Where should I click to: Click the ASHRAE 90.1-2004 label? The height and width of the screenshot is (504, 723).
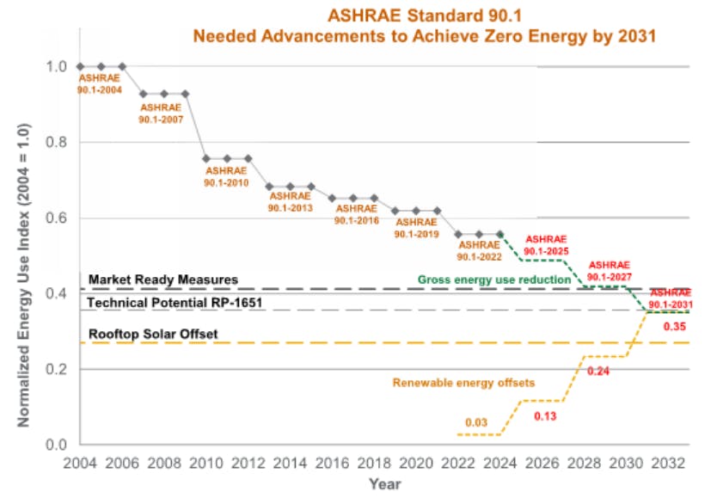click(x=100, y=83)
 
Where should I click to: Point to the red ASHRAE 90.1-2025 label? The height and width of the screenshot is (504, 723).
click(x=546, y=244)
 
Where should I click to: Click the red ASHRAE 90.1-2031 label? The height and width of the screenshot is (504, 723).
click(x=671, y=298)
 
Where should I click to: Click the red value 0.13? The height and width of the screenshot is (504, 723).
click(x=546, y=416)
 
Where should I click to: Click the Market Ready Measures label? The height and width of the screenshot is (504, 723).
click(x=162, y=280)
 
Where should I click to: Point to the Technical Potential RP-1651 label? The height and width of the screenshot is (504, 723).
click(x=175, y=304)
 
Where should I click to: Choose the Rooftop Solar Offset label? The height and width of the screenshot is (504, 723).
click(x=153, y=334)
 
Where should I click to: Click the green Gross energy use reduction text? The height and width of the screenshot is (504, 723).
click(x=494, y=280)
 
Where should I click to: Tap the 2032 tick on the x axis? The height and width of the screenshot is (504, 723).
click(x=669, y=462)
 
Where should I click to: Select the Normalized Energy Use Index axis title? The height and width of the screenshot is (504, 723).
click(x=25, y=275)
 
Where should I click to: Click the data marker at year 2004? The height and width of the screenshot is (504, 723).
click(x=80, y=66)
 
